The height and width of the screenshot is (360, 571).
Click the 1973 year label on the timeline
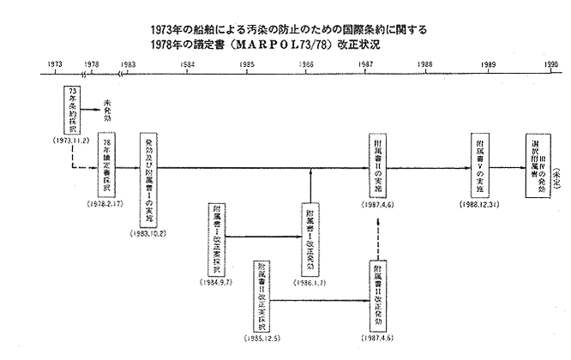tap(54, 64)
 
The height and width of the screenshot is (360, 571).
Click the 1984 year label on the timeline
tap(187, 64)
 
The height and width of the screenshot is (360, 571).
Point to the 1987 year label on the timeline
tap(365, 64)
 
